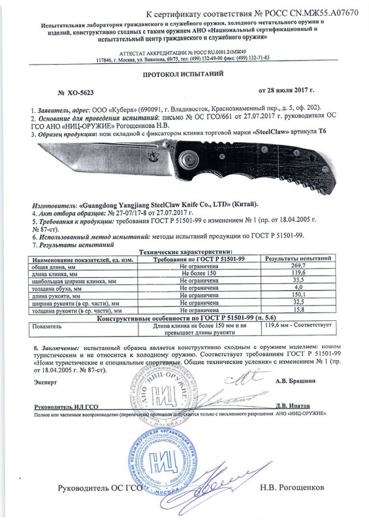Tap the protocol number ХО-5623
click(80, 93)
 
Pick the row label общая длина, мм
click(54, 267)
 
